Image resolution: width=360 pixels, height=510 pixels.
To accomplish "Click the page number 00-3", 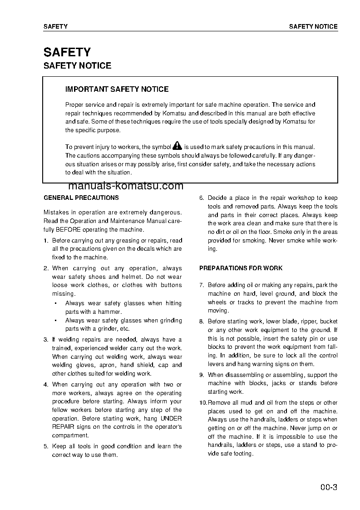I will (x=328, y=488).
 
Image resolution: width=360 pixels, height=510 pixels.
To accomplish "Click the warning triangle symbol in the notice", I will (x=177, y=146).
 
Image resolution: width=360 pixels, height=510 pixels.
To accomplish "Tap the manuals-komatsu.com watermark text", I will (x=126, y=186).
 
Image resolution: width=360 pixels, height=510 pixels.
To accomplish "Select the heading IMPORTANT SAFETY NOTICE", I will (x=117, y=89).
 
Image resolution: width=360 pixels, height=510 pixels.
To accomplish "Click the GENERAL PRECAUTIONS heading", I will (x=81, y=198).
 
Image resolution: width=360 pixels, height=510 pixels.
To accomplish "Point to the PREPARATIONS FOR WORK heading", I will (x=241, y=268).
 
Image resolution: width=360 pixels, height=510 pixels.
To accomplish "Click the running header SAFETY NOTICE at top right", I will (x=313, y=27).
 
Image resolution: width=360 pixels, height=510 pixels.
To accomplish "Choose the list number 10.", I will (x=203, y=403).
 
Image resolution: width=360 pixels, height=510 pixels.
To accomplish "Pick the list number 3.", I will (x=45, y=340).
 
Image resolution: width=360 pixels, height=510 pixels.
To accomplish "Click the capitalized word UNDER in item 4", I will (x=171, y=418).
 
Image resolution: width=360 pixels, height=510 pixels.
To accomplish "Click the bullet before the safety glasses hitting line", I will (x=55, y=303).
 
